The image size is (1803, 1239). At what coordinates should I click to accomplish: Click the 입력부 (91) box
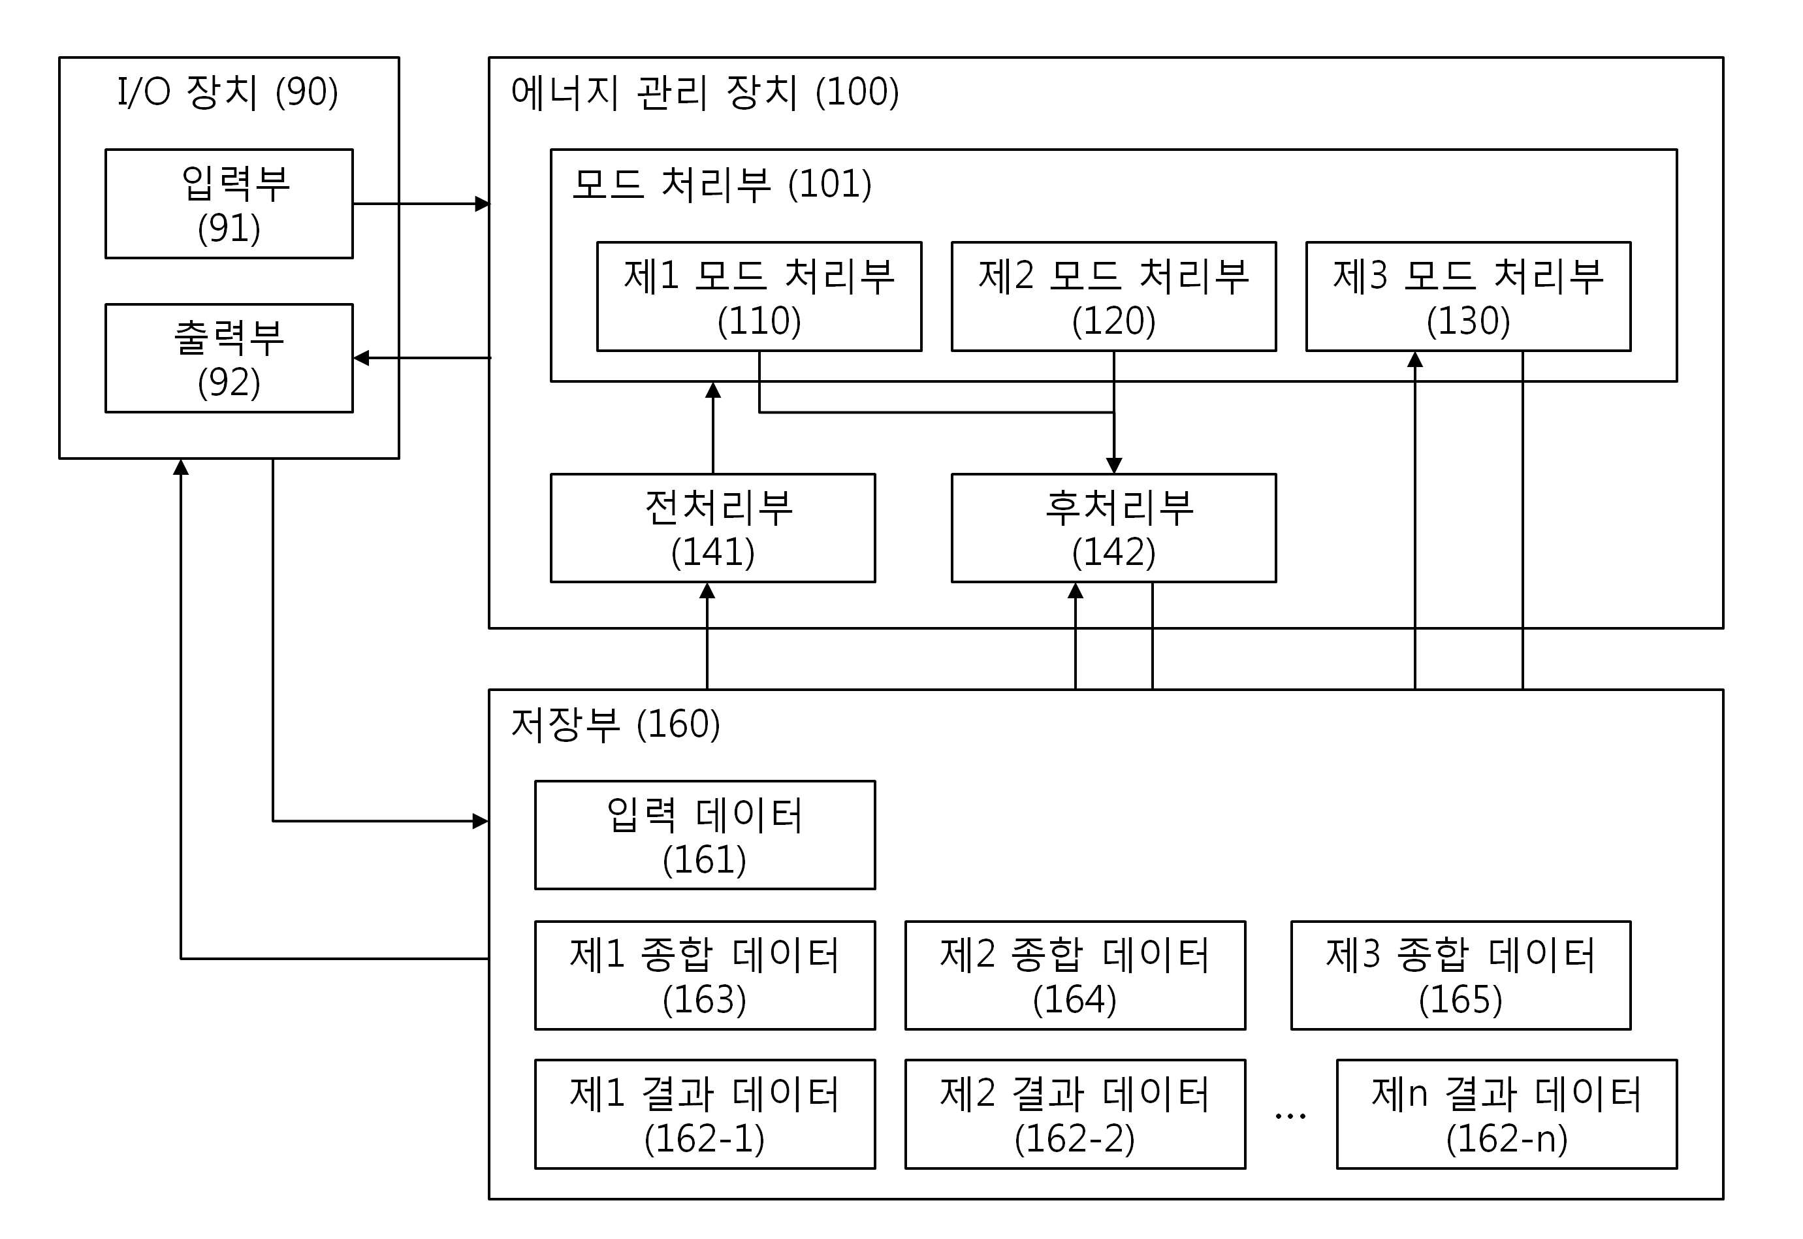coord(229,203)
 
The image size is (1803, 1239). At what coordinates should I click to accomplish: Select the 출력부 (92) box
coord(229,358)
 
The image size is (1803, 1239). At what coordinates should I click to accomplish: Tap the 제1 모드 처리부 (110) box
coord(759,297)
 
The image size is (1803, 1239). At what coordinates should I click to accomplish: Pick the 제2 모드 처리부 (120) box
coord(1114,297)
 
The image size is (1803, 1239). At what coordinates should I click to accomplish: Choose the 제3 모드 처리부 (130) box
coord(1469,297)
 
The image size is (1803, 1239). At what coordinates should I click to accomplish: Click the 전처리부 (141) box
coord(712,528)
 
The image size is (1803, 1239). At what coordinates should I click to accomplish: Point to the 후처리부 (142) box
coord(1114,528)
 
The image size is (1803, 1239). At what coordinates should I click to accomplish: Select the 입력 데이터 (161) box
coord(705,835)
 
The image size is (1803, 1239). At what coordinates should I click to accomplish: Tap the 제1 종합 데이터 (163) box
coord(705,975)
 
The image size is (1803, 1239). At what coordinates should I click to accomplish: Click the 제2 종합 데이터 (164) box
coord(1075,975)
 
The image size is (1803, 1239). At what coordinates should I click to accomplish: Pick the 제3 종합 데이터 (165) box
coord(1461,975)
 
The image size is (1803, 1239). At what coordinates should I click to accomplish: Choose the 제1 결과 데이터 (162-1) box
coord(705,1114)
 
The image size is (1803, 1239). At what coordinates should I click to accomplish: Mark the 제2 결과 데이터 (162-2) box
coord(1075,1114)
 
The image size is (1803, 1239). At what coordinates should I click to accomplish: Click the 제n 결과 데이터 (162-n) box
coord(1507,1114)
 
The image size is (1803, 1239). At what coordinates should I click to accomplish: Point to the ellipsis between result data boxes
coord(1290,1116)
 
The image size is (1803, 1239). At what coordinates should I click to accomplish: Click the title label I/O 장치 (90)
coord(227,91)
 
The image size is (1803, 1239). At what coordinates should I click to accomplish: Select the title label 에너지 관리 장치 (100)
coord(705,91)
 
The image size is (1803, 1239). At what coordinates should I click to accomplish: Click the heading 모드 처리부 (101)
coord(722,184)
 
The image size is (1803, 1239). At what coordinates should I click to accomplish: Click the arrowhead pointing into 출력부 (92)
coord(362,358)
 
